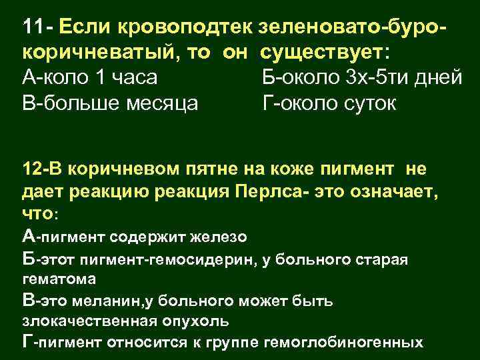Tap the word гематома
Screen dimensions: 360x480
click(x=59, y=278)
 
